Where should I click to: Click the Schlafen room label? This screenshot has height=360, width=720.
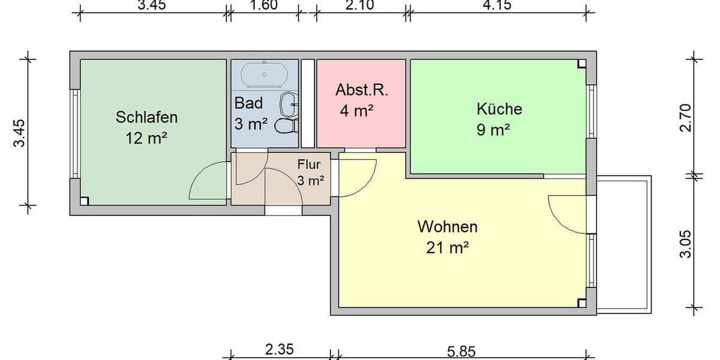coord(146,116)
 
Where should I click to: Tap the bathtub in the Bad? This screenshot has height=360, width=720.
coord(264,75)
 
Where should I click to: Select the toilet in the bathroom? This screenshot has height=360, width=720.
coord(286,126)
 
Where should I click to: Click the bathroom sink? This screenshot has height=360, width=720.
coord(289,103)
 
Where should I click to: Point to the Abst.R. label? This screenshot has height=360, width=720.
coord(362,91)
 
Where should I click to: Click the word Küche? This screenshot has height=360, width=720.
coord(499,109)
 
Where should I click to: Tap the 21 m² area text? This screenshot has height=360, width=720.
coord(448,247)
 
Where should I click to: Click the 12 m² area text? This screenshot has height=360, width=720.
coord(146,138)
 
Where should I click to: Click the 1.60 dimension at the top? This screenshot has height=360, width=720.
coord(262,6)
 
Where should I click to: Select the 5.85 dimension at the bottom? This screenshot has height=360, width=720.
coord(460,350)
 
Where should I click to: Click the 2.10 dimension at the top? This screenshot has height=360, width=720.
coord(360,6)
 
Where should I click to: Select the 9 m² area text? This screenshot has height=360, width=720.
coord(493,130)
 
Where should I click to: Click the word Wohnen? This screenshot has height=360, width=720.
coord(448,227)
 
